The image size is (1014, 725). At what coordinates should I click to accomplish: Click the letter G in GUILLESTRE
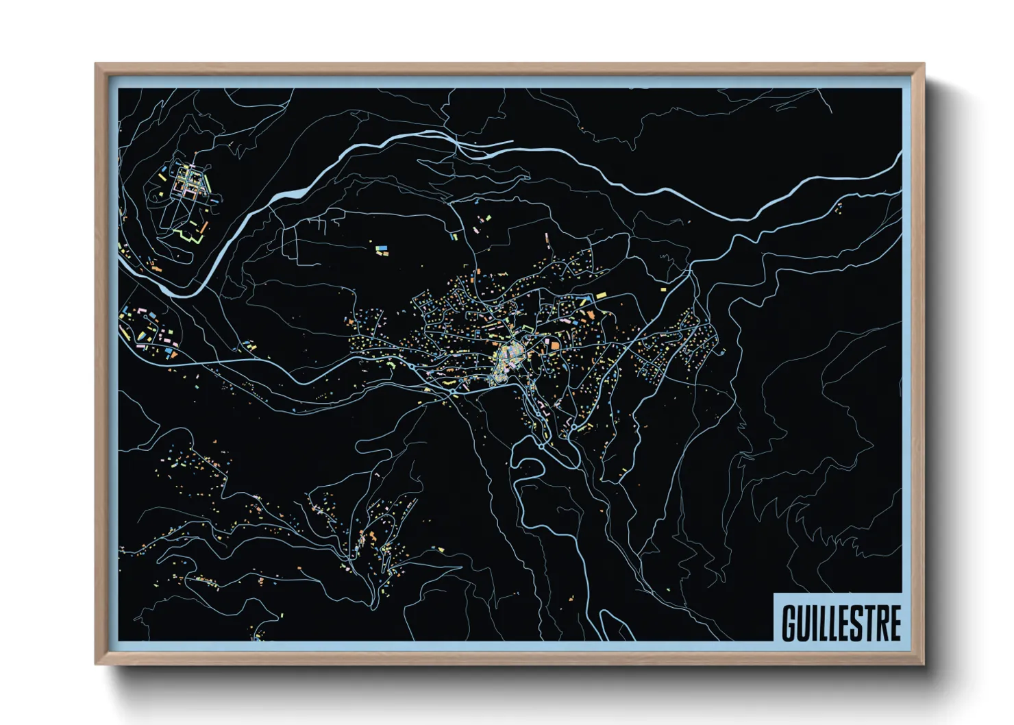pos(789,622)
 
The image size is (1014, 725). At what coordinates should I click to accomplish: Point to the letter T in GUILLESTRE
pos(869,622)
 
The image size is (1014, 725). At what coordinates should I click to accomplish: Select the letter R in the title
pos(882,622)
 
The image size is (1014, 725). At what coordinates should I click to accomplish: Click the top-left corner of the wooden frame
pos(96,64)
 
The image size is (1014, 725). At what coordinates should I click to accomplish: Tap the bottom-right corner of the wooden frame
pos(924,663)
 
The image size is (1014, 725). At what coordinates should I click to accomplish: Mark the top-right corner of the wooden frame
pos(924,64)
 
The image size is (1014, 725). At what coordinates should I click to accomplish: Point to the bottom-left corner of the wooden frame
pos(96,663)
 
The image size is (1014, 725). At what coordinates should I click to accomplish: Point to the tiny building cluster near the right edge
pos(838,208)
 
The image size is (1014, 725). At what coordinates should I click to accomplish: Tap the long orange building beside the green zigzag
pos(203,225)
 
